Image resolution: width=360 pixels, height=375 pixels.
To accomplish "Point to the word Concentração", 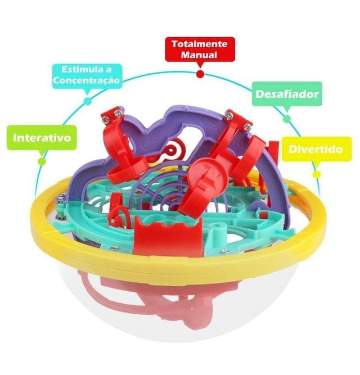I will pos(87,80).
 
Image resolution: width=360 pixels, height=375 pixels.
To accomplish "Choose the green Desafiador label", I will pos(287,94).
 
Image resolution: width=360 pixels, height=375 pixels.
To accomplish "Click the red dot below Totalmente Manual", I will pos(200,74).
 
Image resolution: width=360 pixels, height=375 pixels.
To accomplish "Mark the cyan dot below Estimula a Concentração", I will pos(87,101).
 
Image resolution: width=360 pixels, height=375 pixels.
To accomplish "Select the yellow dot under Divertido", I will pos(316,174).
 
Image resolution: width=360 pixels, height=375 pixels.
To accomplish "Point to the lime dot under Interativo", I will pos(41,161).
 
